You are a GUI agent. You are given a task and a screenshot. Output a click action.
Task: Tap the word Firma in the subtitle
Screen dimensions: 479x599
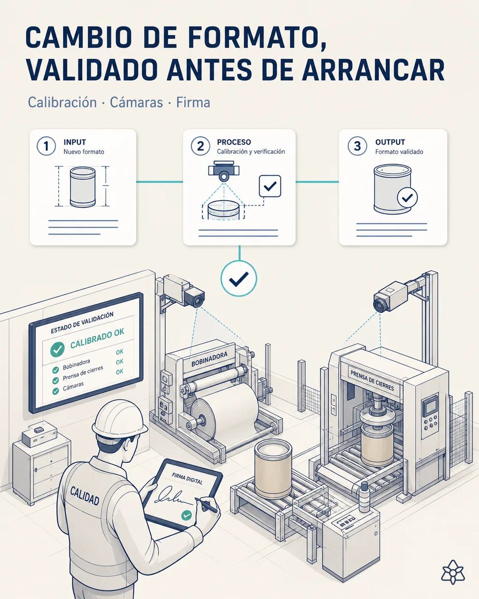(193, 102)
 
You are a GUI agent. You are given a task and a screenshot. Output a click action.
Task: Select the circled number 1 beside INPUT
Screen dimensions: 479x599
(46, 146)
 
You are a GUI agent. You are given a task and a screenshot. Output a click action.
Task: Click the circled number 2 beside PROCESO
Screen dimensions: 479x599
(201, 146)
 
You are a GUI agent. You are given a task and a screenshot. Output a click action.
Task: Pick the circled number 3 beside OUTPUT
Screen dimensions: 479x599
(357, 146)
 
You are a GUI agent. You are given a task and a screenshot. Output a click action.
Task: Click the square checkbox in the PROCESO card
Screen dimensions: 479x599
(270, 186)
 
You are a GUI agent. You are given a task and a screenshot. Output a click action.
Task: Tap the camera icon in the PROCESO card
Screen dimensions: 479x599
(224, 171)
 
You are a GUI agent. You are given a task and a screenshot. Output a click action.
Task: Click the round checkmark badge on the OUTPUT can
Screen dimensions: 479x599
(407, 198)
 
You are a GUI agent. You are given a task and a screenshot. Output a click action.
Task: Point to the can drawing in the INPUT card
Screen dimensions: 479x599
(82, 187)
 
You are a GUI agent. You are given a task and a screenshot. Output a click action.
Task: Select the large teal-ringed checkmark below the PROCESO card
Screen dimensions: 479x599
(239, 279)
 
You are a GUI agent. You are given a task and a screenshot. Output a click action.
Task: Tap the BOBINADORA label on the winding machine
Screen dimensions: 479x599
(210, 359)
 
